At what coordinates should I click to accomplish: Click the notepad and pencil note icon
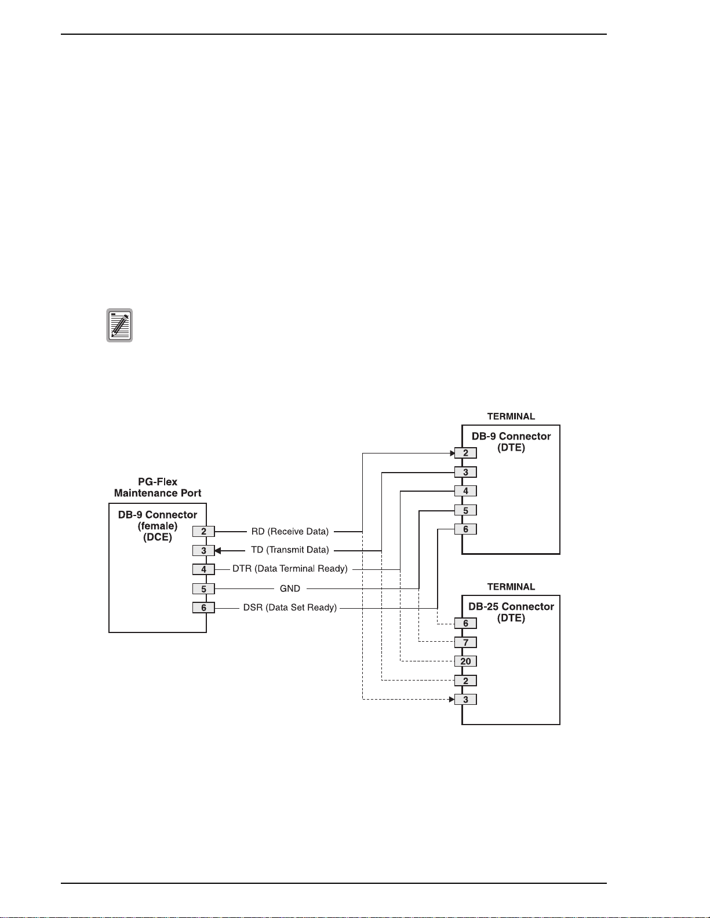(x=119, y=325)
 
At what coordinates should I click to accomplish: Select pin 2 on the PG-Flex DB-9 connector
(x=203, y=532)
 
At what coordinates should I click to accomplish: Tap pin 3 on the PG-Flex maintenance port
(x=203, y=550)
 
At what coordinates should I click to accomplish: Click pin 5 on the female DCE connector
(x=203, y=589)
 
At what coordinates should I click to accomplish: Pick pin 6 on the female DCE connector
(x=203, y=608)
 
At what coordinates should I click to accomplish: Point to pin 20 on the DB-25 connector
(x=466, y=661)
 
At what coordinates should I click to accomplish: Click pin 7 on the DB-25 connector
(x=466, y=642)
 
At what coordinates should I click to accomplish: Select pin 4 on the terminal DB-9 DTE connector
(x=466, y=491)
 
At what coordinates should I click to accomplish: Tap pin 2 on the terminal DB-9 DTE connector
(x=466, y=453)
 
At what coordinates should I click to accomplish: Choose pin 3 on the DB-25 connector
(x=466, y=700)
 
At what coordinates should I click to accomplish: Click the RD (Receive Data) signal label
(x=290, y=532)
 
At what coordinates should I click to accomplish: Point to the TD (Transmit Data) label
(x=290, y=550)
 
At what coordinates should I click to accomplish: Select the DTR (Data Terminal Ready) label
(x=290, y=569)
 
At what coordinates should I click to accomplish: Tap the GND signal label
(x=290, y=588)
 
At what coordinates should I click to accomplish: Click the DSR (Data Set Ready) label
(x=290, y=608)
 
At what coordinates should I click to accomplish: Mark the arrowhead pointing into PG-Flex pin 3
(x=218, y=550)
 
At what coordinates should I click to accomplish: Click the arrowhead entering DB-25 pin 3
(x=452, y=700)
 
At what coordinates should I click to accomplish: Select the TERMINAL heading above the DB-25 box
(x=511, y=587)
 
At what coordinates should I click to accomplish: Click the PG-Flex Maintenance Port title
(x=158, y=488)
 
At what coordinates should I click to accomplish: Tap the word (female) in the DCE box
(x=158, y=526)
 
